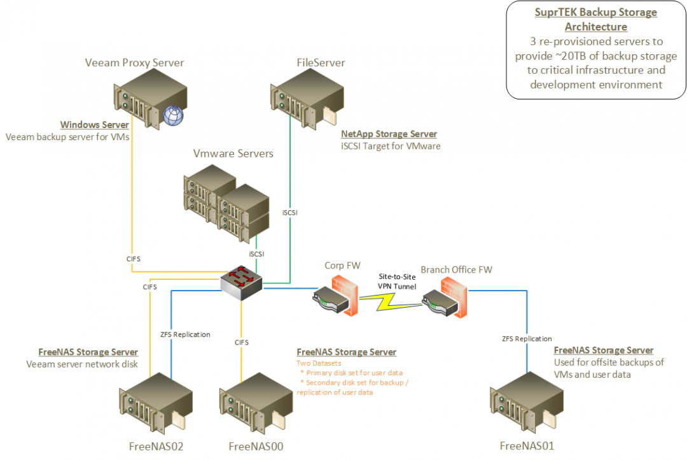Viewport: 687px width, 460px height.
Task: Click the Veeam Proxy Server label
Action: [134, 62]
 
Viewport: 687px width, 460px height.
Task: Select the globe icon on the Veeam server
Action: [172, 115]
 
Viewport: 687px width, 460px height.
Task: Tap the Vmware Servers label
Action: [233, 154]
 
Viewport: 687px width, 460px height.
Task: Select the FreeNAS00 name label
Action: [256, 447]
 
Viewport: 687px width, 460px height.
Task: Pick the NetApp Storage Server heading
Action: [389, 134]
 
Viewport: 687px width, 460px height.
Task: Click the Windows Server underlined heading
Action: [94, 125]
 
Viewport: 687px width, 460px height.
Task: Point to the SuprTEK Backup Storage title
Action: [595, 19]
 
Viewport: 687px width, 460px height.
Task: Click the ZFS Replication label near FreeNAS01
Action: [527, 338]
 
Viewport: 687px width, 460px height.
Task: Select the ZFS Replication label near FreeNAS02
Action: [184, 334]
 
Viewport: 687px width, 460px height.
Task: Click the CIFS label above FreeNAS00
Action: [242, 342]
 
